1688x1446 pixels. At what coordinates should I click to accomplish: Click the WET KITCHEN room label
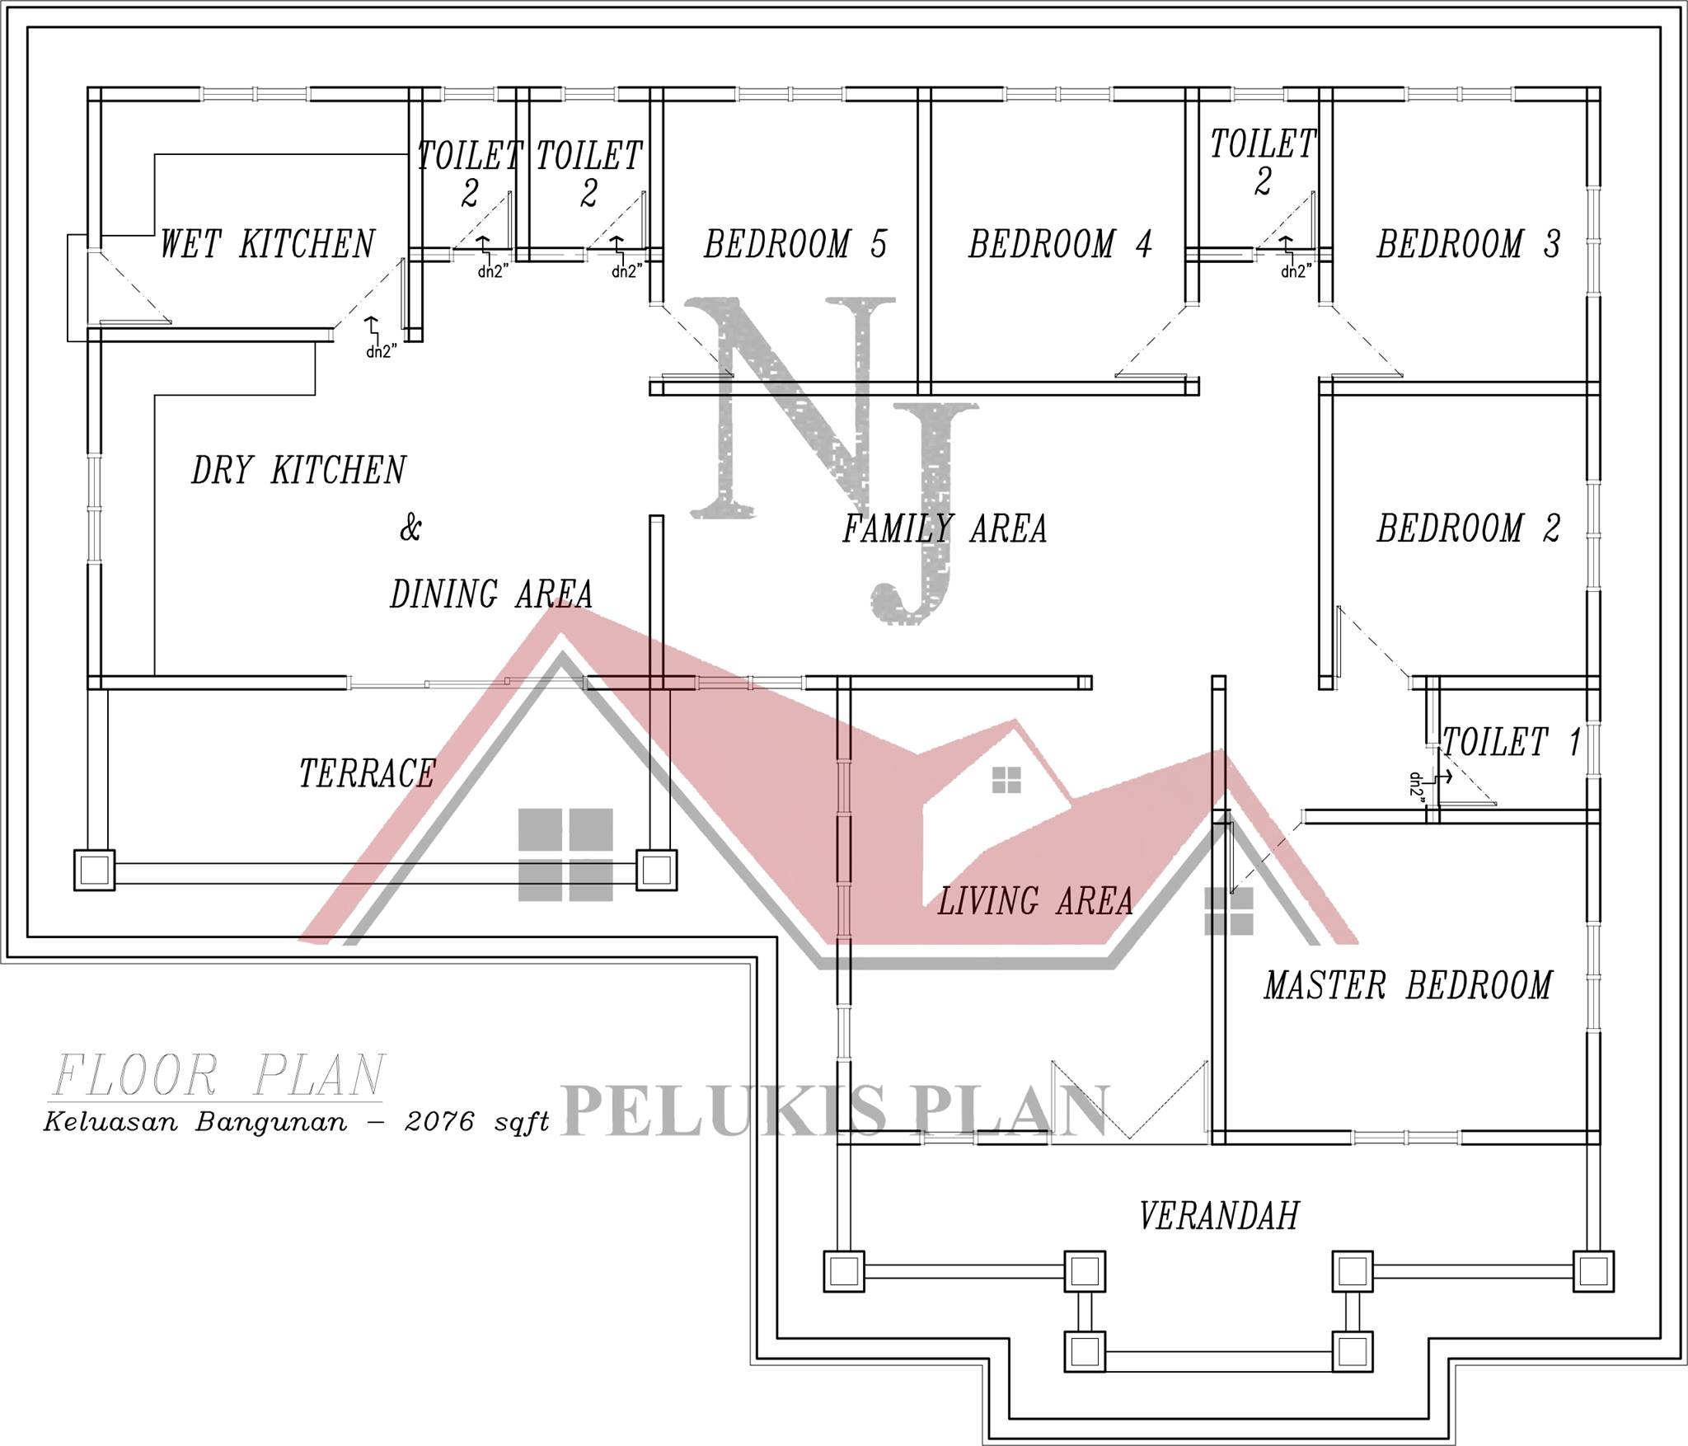(x=267, y=244)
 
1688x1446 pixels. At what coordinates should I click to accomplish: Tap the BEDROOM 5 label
(x=795, y=244)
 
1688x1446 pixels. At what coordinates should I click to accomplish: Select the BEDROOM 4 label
(x=1060, y=244)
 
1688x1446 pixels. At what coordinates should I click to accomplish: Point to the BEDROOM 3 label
(x=1469, y=244)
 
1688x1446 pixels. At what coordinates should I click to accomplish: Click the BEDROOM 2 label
(x=1469, y=528)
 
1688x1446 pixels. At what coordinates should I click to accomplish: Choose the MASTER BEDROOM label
(x=1409, y=985)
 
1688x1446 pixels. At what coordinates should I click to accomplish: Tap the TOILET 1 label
(x=1512, y=742)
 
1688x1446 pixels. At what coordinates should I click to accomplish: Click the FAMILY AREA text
(x=945, y=528)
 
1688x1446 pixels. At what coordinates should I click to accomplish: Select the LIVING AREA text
(x=1035, y=901)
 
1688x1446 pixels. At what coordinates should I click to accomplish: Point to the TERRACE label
(x=367, y=773)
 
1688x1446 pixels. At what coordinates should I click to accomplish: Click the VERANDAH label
(x=1219, y=1216)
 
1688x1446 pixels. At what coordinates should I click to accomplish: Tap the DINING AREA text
(x=491, y=594)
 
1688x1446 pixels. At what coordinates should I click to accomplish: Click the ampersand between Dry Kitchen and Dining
(x=410, y=528)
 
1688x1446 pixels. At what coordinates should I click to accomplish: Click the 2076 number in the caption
(x=440, y=1122)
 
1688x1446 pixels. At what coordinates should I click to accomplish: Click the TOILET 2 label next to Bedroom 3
(x=1263, y=162)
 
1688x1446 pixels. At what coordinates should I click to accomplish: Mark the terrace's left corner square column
(x=95, y=870)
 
